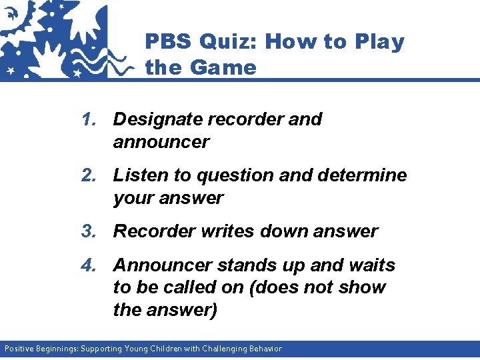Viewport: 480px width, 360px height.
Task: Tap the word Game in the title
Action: (x=223, y=67)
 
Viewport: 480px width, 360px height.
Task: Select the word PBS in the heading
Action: (x=167, y=42)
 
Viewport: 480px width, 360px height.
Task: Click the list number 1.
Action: (x=89, y=119)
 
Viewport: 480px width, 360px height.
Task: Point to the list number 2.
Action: (x=89, y=175)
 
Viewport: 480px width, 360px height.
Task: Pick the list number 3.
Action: (x=89, y=231)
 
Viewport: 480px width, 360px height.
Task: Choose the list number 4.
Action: (x=89, y=265)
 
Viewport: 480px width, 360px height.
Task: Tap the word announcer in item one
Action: (x=161, y=142)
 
